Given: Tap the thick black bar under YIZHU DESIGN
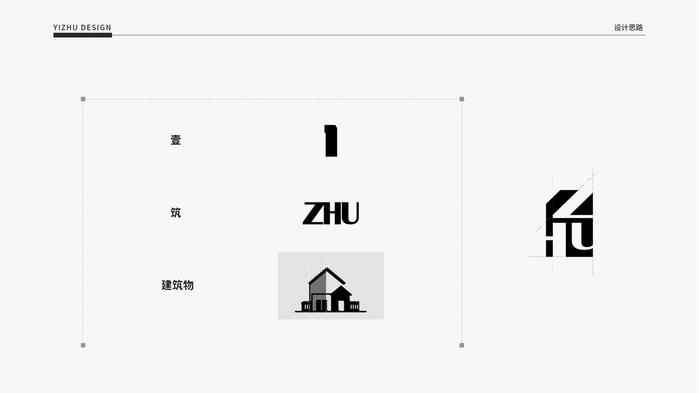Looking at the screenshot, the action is (83, 35).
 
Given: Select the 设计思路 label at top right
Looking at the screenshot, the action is (628, 28).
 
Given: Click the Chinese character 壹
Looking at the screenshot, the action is (176, 140).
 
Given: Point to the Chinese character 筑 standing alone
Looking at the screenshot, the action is (176, 212).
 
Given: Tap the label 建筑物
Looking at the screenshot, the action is (178, 285).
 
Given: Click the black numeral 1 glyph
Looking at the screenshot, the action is (331, 141).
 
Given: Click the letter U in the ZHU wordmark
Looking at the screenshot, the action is (350, 214).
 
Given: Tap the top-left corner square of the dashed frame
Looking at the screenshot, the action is (83, 99).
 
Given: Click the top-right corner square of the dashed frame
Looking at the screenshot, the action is (462, 99).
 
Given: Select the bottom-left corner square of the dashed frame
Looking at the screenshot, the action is (83, 345).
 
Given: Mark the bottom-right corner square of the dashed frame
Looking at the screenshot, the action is (462, 345).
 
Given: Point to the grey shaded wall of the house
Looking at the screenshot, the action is (318, 284).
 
